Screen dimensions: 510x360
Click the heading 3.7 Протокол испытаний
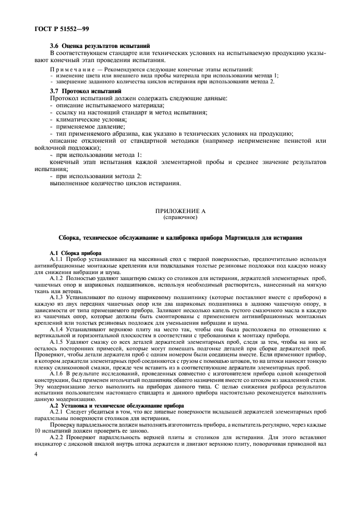tap(85, 90)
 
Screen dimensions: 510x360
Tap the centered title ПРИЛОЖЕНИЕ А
tap(180, 210)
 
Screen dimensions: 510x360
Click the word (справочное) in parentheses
tap(180, 217)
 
